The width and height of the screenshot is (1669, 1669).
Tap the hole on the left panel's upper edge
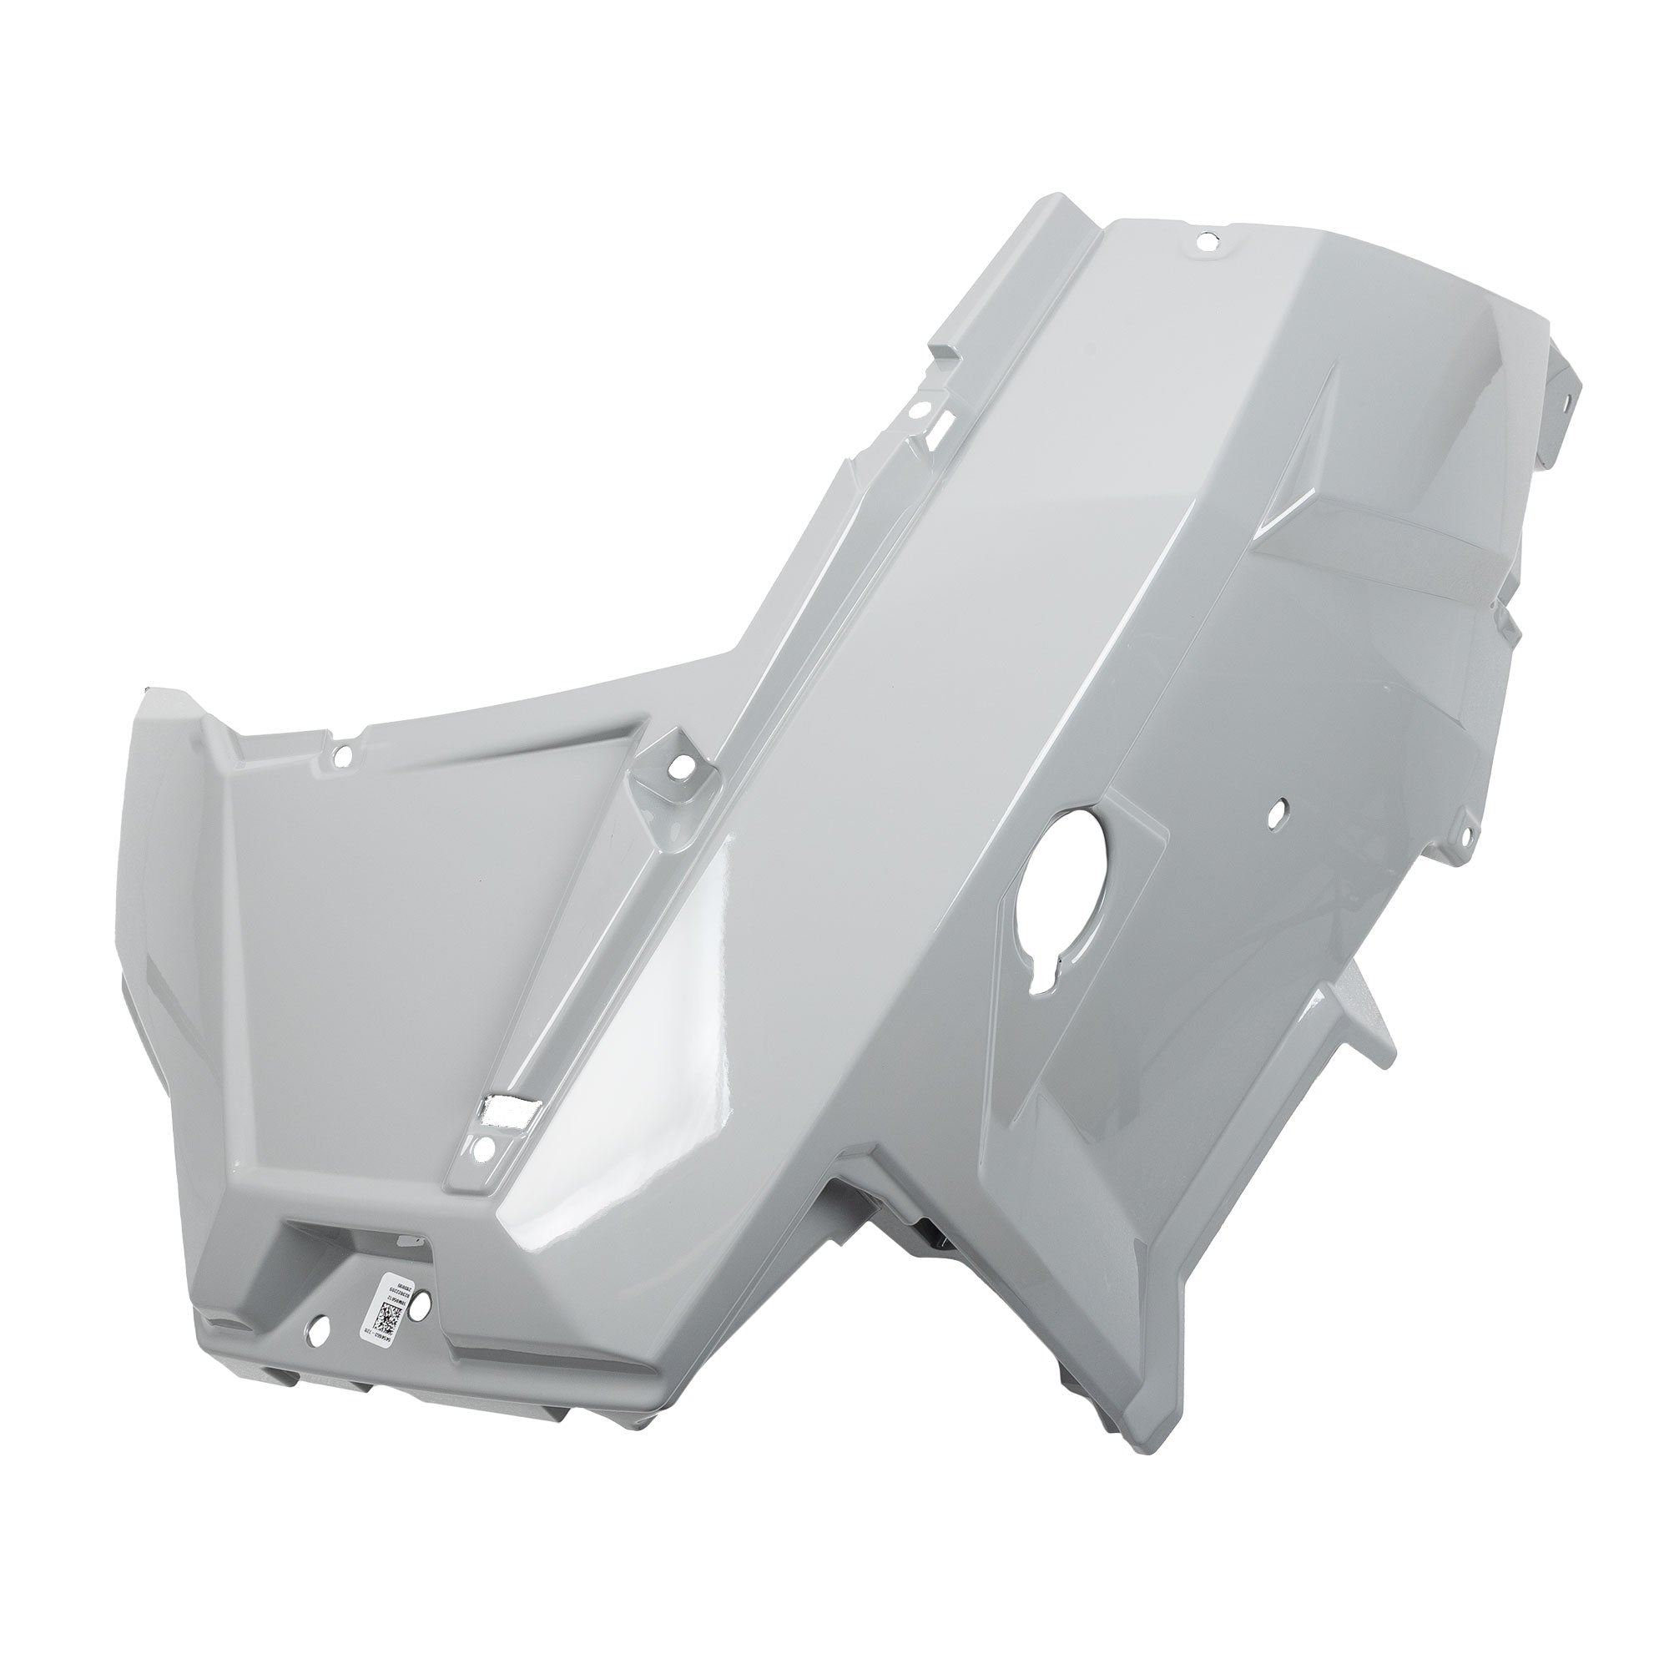[x=343, y=733]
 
